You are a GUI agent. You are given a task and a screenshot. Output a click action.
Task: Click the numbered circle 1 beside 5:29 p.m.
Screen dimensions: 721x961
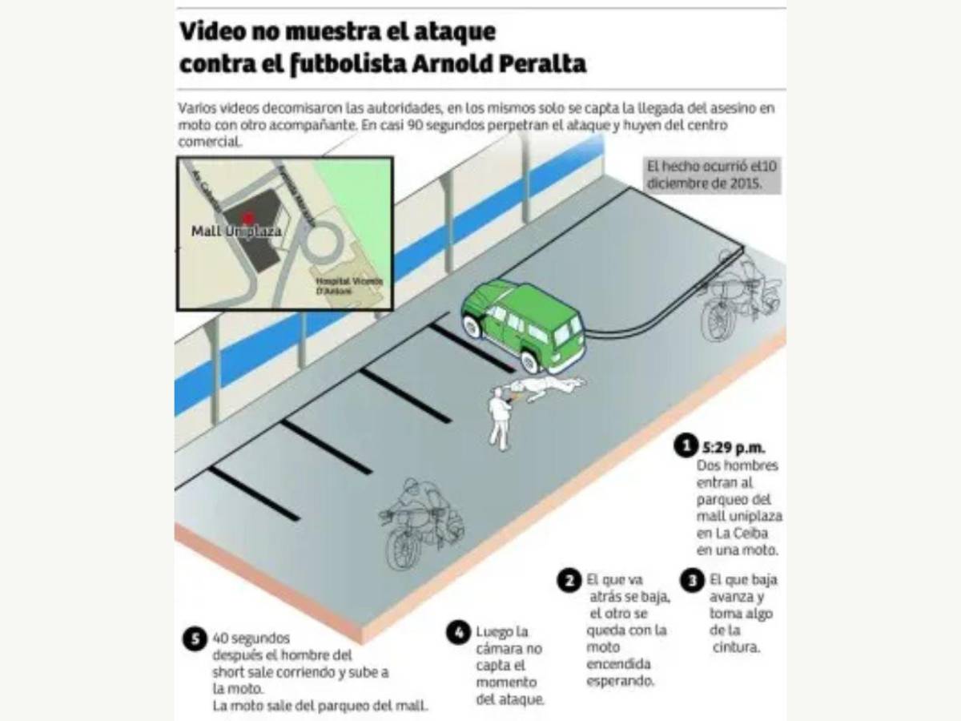(x=685, y=446)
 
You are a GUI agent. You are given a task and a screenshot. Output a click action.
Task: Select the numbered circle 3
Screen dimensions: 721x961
(x=693, y=581)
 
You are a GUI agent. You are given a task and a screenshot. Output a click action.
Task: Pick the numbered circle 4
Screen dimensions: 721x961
(x=458, y=633)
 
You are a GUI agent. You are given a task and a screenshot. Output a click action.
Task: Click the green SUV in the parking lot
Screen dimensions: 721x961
(x=525, y=321)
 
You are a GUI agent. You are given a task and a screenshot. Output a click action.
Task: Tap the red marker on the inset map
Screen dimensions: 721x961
(x=248, y=217)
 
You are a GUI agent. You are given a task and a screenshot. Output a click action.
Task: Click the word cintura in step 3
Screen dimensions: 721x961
(x=735, y=647)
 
